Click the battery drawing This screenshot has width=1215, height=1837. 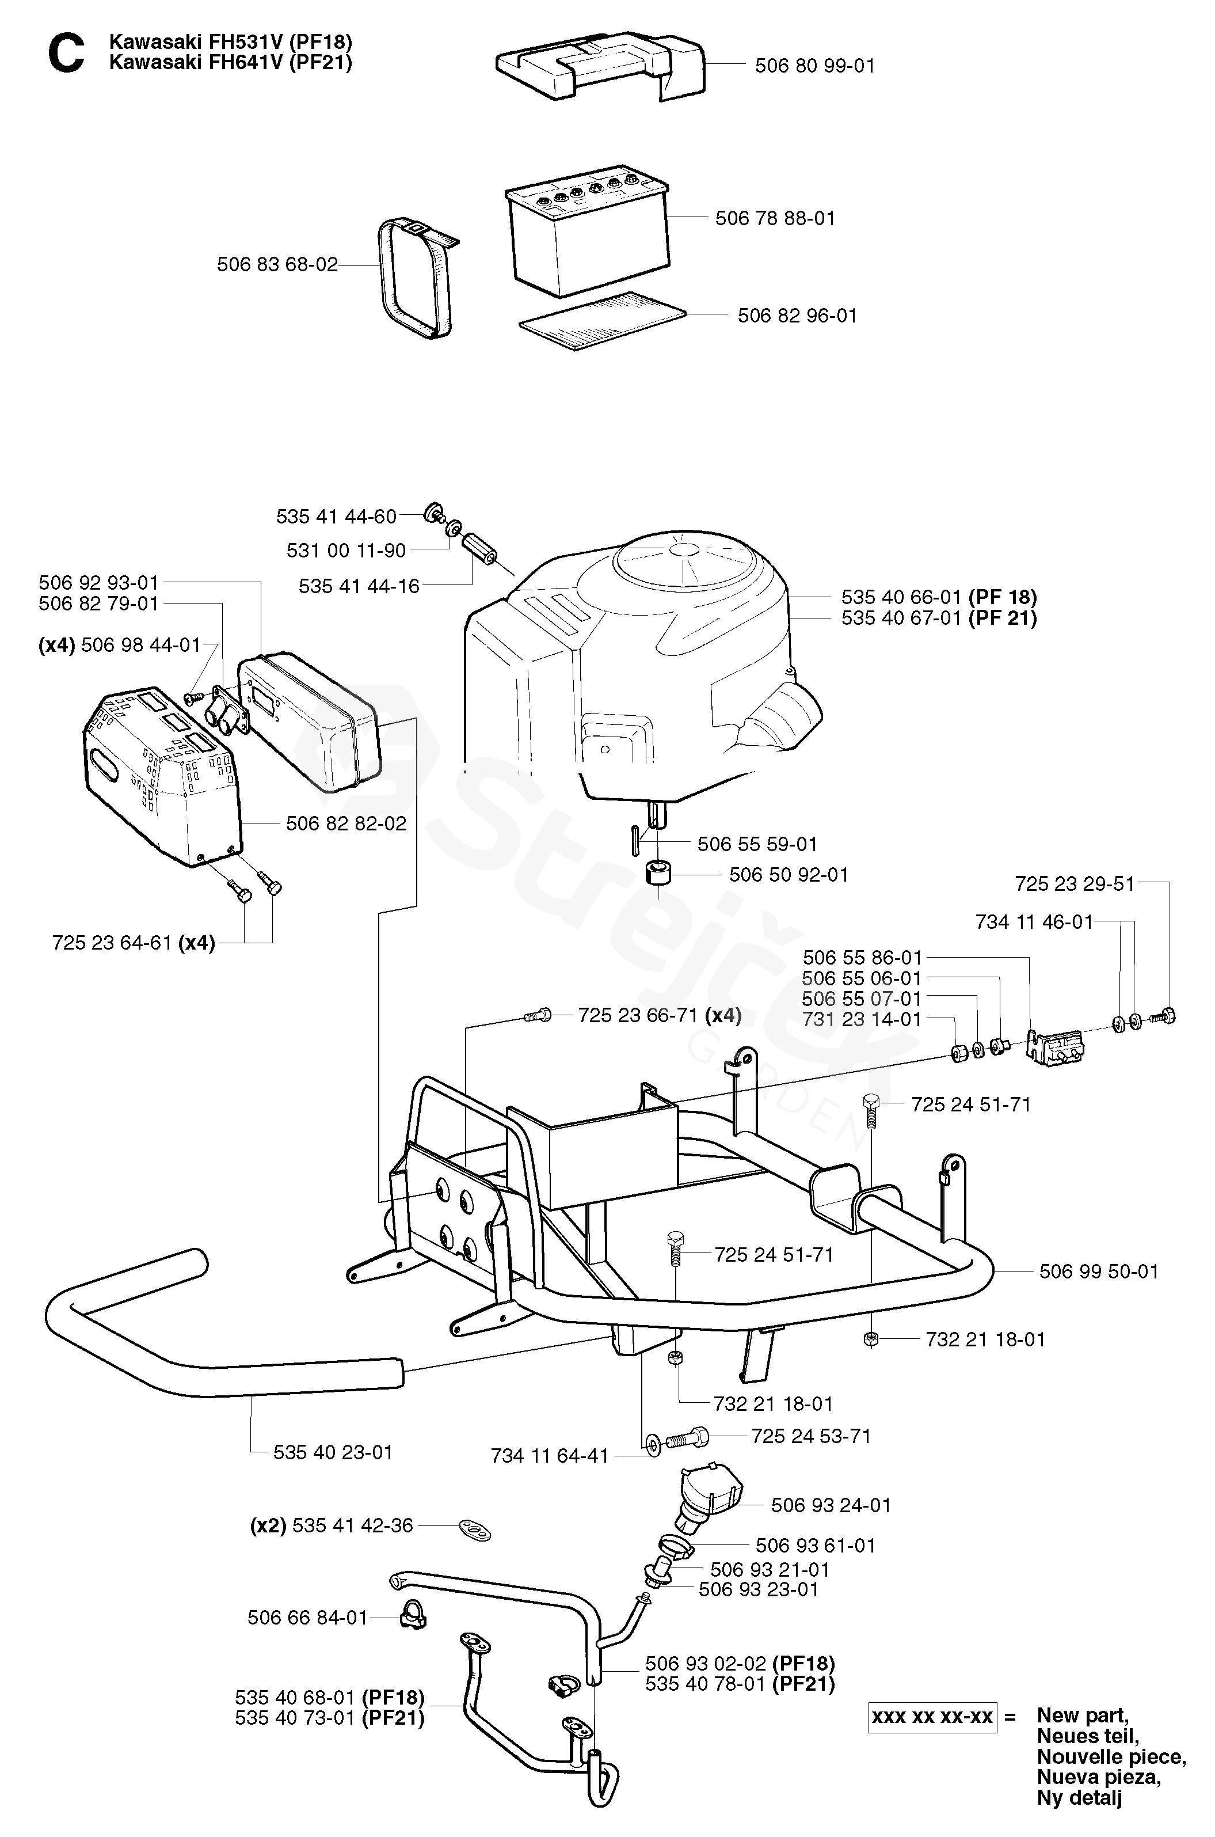(586, 230)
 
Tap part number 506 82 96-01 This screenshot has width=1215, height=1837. (797, 316)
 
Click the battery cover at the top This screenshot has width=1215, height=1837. (600, 70)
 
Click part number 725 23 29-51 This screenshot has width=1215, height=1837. (1074, 883)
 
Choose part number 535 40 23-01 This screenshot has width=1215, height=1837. (333, 1452)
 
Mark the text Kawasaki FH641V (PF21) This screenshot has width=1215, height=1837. (230, 63)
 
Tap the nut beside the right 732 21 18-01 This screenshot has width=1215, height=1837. (870, 1339)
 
